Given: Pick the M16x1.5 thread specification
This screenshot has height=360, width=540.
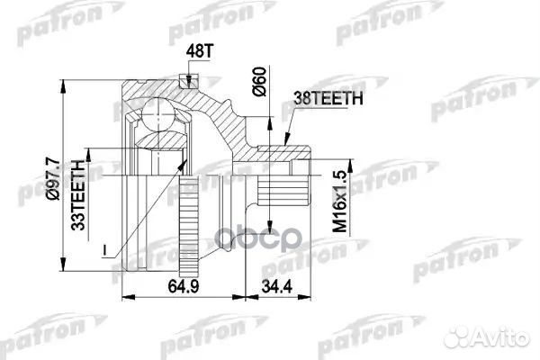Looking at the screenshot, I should [339, 203].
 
